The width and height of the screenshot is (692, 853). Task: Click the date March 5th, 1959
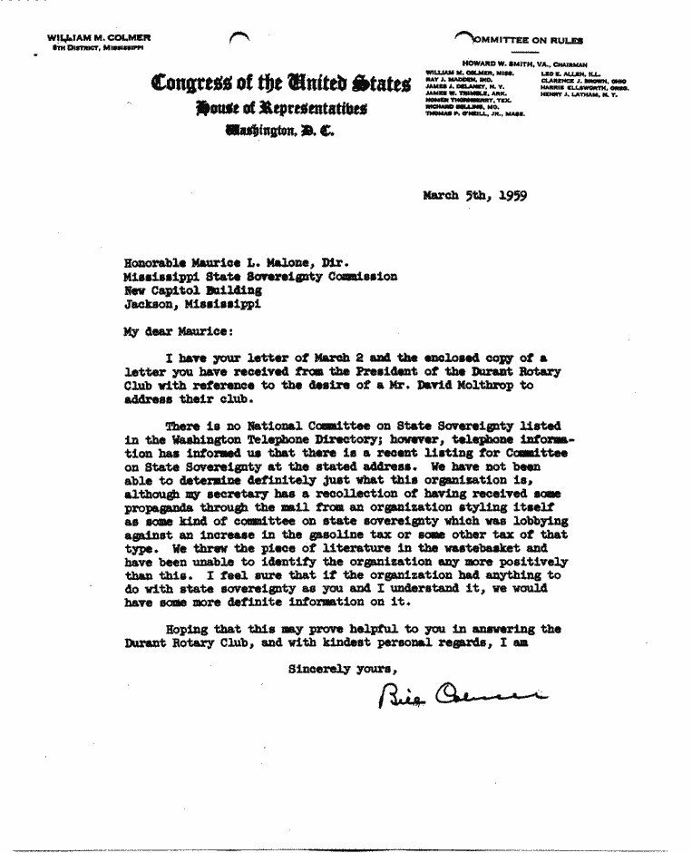click(x=474, y=194)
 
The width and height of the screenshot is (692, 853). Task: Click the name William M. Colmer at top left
click(x=99, y=37)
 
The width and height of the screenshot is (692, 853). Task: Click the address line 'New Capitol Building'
click(x=192, y=290)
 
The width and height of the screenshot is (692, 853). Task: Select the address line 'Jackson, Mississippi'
click(x=192, y=305)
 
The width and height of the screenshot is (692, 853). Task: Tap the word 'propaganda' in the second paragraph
click(x=158, y=507)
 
